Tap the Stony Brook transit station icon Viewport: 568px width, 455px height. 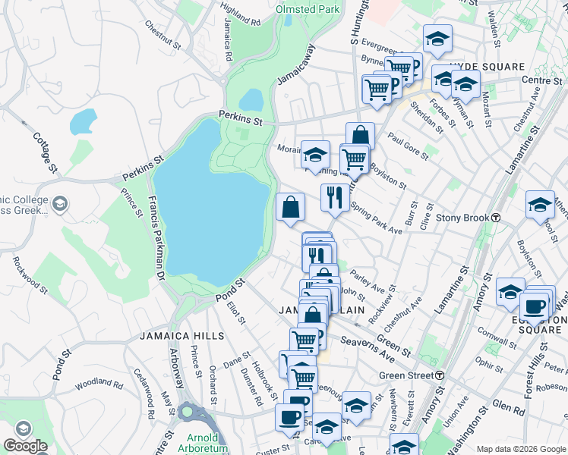point(495,218)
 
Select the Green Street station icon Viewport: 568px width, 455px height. point(440,375)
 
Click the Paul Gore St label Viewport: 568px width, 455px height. point(408,146)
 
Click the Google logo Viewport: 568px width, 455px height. point(25,446)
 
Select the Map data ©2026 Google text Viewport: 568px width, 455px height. point(520,448)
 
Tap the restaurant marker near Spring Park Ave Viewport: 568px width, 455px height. point(335,198)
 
